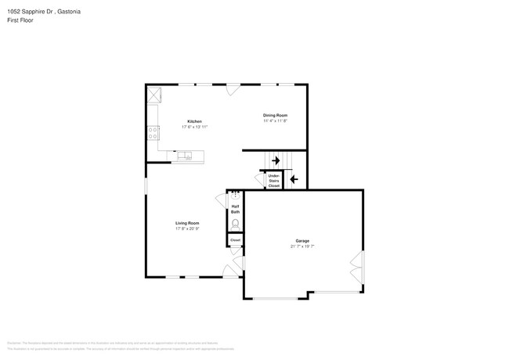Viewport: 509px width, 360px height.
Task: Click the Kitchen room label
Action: (x=194, y=121)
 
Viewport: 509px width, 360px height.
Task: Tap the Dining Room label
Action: (x=275, y=115)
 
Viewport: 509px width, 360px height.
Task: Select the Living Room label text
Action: (x=187, y=223)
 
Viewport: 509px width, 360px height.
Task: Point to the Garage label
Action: (x=302, y=240)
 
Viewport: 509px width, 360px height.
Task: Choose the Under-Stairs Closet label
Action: (x=274, y=181)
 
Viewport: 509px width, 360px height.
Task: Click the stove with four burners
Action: (x=153, y=133)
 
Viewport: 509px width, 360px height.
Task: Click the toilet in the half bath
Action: (x=235, y=224)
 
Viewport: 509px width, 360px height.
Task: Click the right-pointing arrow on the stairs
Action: (x=276, y=160)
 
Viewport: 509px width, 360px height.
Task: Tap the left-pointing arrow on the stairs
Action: (x=294, y=179)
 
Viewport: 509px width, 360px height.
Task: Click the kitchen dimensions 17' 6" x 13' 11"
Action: (x=194, y=127)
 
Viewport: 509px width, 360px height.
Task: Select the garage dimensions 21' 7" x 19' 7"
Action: (x=302, y=246)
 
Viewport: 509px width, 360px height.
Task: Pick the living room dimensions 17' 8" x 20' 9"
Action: (x=187, y=229)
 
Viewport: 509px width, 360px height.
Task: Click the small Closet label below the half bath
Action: (x=235, y=240)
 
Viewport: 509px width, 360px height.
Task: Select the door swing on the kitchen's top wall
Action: (x=233, y=89)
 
